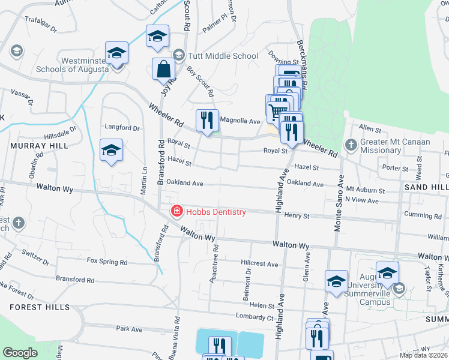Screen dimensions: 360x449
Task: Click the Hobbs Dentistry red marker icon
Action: (176, 211)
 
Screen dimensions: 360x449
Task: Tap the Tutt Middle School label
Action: (223, 56)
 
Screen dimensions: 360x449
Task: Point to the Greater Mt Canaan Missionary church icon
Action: (351, 145)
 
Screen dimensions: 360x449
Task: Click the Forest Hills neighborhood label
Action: (34, 307)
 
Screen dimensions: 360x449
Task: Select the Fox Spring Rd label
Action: (107, 262)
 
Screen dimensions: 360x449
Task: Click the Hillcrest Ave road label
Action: (259, 263)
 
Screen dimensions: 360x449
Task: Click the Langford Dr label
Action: (122, 128)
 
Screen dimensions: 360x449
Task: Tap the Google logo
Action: (20, 353)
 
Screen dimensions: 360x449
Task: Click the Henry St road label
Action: (297, 215)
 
